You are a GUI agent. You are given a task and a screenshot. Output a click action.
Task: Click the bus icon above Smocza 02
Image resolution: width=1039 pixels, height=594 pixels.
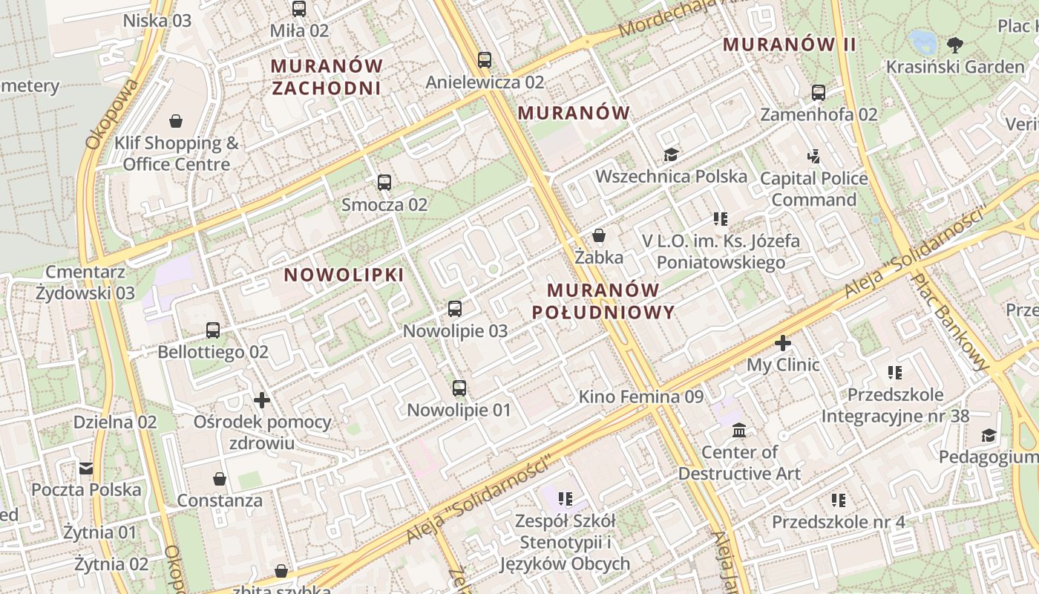click(x=384, y=182)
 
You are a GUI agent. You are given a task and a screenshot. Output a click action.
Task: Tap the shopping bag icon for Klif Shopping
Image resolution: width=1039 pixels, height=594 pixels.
click(x=176, y=120)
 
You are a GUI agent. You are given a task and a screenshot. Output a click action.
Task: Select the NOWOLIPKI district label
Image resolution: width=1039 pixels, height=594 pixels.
click(x=344, y=275)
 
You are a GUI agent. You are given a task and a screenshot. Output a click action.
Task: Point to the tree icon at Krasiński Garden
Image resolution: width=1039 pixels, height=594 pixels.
click(x=955, y=45)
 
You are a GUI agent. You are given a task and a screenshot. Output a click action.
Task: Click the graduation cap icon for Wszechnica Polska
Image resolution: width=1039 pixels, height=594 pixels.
click(x=671, y=154)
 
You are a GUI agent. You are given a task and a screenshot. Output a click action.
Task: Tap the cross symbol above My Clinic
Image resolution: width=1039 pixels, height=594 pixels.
click(x=783, y=343)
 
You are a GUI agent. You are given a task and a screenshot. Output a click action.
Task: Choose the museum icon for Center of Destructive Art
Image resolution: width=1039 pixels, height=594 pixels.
click(x=739, y=430)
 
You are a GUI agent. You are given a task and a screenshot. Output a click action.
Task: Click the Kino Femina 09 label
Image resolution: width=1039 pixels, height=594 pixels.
click(x=640, y=396)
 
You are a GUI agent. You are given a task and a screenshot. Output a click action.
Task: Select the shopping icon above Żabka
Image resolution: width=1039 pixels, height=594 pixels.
click(x=599, y=235)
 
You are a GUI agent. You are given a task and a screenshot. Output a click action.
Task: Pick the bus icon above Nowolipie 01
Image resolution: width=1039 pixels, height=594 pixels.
click(x=459, y=388)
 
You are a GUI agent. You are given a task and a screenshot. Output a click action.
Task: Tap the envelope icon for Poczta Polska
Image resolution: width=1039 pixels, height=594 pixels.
click(x=86, y=468)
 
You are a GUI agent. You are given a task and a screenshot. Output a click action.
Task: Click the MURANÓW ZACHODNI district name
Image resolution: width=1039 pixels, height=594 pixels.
click(x=327, y=77)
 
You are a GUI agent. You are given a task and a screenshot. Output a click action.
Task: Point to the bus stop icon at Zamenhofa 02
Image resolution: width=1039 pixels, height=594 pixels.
click(x=819, y=93)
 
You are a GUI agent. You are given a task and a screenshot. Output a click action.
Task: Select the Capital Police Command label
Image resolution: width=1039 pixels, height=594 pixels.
click(x=814, y=189)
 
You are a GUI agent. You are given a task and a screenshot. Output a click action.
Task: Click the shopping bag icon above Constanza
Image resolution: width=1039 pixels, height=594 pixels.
click(x=220, y=479)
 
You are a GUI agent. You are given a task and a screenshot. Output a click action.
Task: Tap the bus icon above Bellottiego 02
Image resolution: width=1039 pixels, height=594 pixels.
click(x=213, y=330)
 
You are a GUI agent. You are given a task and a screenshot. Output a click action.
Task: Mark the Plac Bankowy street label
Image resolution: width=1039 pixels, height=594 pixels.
click(x=951, y=321)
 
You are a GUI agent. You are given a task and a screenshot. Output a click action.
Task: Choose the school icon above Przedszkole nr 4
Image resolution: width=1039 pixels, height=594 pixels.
click(x=839, y=500)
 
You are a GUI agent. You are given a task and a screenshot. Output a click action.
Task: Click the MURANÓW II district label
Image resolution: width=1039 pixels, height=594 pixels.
click(x=790, y=45)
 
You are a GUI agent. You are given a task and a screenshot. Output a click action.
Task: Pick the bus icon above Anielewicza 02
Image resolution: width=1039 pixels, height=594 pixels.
click(x=485, y=59)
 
